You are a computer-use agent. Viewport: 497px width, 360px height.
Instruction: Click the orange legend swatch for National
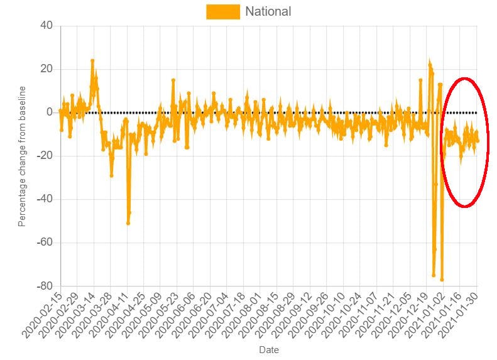[223, 11]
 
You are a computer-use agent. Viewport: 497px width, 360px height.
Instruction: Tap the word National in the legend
[268, 11]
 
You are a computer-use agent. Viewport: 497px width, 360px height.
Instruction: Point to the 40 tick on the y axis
[47, 26]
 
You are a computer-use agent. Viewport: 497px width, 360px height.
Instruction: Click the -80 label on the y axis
[44, 286]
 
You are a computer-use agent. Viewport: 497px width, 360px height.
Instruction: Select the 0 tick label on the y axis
[50, 112]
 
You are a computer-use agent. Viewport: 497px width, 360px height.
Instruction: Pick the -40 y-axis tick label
[44, 199]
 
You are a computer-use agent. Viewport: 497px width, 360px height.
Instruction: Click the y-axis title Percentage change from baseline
[22, 156]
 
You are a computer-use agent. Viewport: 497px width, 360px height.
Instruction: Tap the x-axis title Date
[268, 350]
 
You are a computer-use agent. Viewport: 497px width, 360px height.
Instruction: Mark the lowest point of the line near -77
[442, 280]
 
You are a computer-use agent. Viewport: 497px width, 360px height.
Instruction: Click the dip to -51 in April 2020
[128, 223]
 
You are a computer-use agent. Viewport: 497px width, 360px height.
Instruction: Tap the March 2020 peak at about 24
[92, 61]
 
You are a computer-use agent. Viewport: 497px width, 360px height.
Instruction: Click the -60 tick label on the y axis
[44, 243]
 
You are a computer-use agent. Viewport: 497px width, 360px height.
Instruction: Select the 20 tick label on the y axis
[47, 69]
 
